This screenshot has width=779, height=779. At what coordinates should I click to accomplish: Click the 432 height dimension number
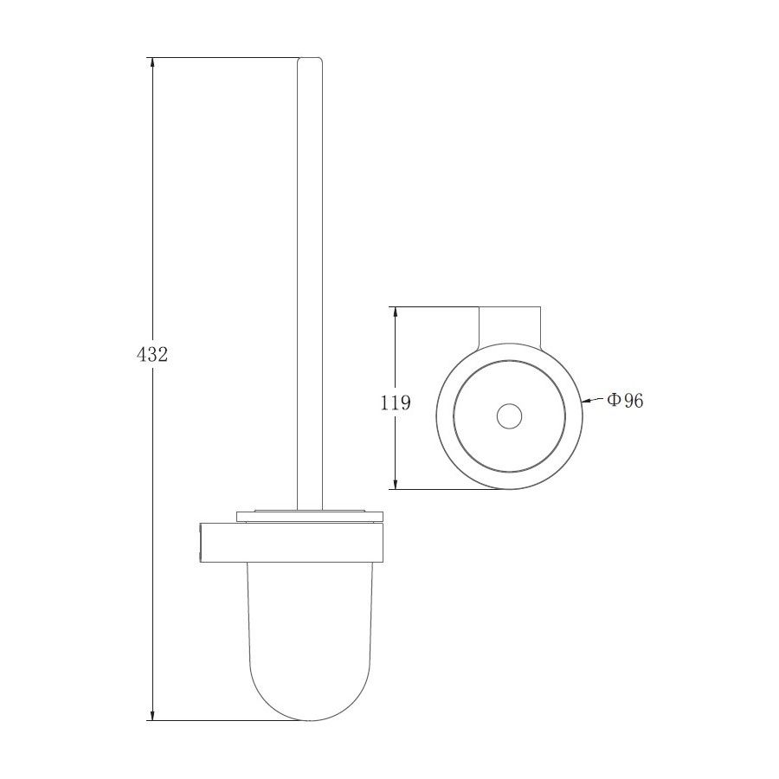pyautogui.click(x=152, y=354)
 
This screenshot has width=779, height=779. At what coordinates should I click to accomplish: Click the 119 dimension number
pyautogui.click(x=396, y=402)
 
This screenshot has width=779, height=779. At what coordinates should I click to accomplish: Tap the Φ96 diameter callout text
pyautogui.click(x=625, y=400)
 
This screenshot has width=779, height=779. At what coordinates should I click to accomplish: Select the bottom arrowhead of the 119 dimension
pyautogui.click(x=396, y=482)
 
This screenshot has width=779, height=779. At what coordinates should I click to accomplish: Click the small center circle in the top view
pyautogui.click(x=509, y=415)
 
